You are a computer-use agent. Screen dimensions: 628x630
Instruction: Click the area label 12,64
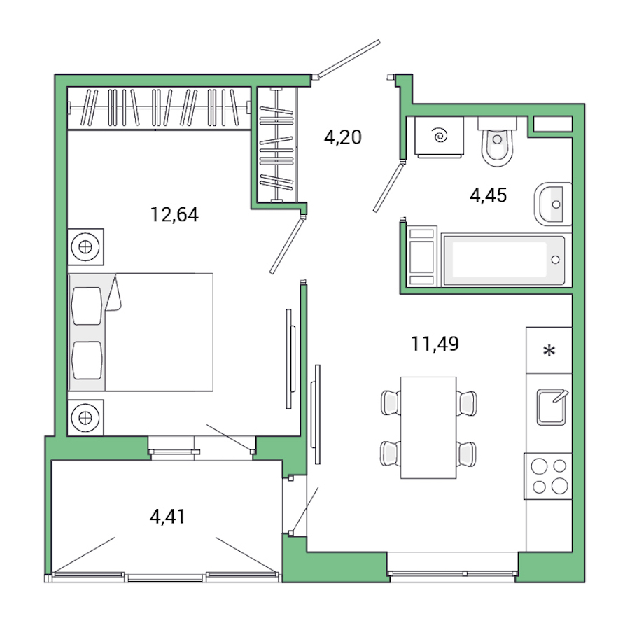click(174, 214)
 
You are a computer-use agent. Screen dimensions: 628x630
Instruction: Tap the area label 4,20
click(342, 137)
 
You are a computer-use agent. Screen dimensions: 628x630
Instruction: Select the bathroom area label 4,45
click(488, 195)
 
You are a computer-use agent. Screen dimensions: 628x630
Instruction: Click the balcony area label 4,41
click(169, 517)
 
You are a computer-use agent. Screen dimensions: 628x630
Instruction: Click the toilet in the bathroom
click(497, 143)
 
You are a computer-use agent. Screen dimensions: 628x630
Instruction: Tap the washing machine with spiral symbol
click(440, 137)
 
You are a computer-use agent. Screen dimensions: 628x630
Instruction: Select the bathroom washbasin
click(554, 204)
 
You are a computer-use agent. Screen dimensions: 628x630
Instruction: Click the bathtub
click(503, 260)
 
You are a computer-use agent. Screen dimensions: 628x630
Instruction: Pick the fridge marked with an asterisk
click(549, 350)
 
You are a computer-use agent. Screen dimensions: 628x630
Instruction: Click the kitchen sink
click(552, 407)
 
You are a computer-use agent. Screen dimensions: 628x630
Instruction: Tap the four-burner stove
click(548, 475)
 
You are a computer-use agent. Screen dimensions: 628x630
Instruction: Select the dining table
click(428, 427)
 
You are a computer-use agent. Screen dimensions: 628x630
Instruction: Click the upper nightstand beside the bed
click(85, 246)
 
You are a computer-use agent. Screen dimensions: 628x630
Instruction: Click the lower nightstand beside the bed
click(85, 417)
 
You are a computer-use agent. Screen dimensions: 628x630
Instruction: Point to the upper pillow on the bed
click(87, 305)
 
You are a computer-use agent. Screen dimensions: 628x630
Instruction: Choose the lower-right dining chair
click(466, 453)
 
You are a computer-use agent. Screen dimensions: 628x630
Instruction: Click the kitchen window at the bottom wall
click(452, 573)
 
